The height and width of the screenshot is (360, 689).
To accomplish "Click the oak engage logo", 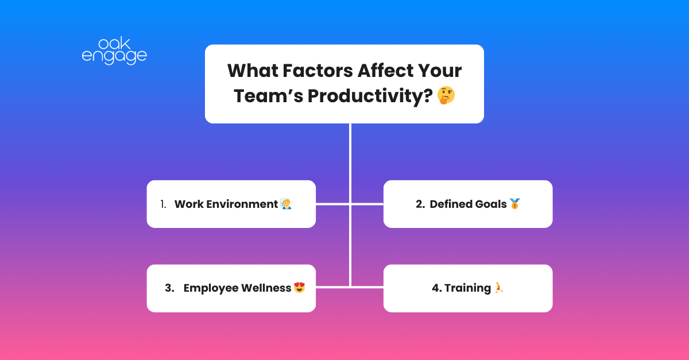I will click(114, 51).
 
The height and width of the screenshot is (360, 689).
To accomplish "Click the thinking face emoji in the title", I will click(446, 95).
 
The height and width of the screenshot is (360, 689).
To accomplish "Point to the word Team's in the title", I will click(267, 95).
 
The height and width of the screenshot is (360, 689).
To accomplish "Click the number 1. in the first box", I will click(163, 204).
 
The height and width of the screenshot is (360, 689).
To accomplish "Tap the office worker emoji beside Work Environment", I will click(286, 204).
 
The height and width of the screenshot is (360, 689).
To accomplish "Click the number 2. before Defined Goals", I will click(420, 204).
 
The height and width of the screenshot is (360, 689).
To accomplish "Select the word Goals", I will click(491, 204).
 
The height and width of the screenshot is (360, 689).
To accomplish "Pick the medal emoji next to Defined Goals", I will click(514, 204).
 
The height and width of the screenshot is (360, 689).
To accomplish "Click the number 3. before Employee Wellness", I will click(169, 288).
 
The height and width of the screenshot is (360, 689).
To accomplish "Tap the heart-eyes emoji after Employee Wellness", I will click(299, 288).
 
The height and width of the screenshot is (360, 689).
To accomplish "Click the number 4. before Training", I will click(437, 288).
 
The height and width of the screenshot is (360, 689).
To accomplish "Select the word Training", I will click(468, 288).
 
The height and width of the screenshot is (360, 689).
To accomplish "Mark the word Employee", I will click(210, 288).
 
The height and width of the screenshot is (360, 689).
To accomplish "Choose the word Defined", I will click(451, 204).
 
